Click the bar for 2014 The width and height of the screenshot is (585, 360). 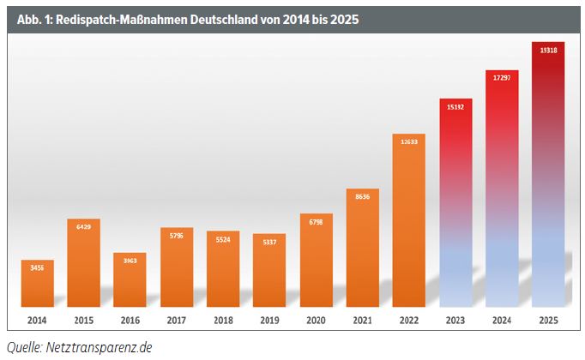coord(38,284)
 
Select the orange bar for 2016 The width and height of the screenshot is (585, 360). coord(130,280)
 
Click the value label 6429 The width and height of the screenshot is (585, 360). coord(84,226)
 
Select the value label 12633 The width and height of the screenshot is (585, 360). coord(409,142)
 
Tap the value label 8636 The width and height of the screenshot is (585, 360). coord(362,195)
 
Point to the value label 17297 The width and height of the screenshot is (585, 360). coord(502,78)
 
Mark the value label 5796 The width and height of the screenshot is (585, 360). coord(177,236)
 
